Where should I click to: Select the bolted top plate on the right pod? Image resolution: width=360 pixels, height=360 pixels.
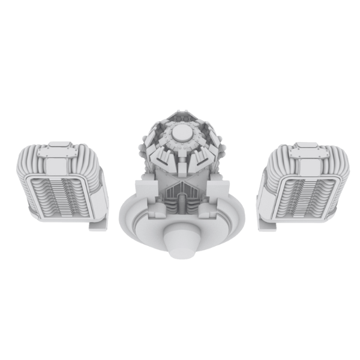click(307, 150)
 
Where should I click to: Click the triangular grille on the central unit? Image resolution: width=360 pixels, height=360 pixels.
click(181, 193)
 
